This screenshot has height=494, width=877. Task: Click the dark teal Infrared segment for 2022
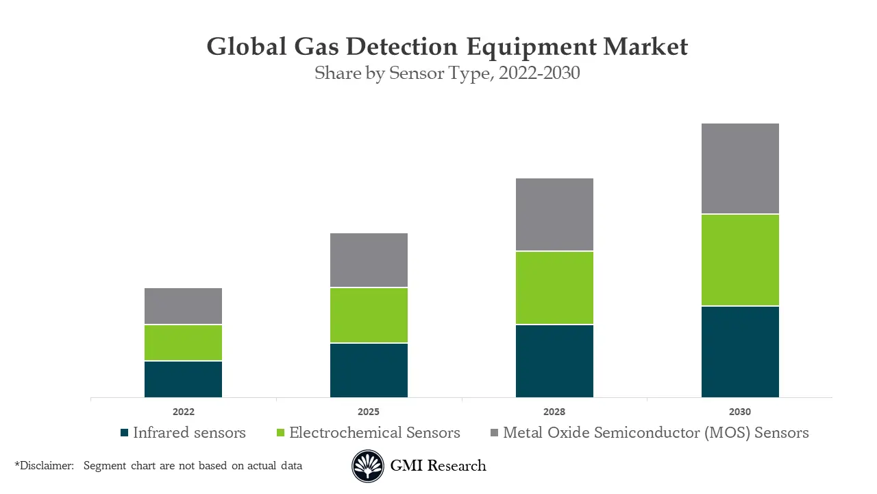[x=183, y=379]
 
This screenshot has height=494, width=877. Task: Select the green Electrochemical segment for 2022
[x=183, y=342]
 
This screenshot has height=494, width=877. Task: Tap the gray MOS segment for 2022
[x=183, y=306]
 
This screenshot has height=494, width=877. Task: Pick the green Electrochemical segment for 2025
[x=369, y=315]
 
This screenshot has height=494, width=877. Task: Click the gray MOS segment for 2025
[x=369, y=260]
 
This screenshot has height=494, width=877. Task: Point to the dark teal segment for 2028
[x=554, y=361]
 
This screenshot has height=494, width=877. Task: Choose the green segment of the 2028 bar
[x=554, y=287]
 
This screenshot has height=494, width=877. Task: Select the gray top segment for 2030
[x=740, y=169]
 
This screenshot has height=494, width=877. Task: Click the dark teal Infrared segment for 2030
[x=740, y=351]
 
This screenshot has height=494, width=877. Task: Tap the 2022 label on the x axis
[x=183, y=412]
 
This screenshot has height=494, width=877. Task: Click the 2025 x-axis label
[x=369, y=412]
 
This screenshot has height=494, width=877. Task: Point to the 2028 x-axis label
[x=554, y=412]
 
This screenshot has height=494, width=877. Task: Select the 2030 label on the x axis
[x=740, y=412]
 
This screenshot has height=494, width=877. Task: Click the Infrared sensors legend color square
[x=124, y=433]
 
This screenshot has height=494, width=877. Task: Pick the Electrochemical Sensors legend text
[x=374, y=433]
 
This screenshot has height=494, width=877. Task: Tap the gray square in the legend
[x=494, y=433]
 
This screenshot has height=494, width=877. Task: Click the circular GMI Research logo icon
[x=368, y=467]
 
